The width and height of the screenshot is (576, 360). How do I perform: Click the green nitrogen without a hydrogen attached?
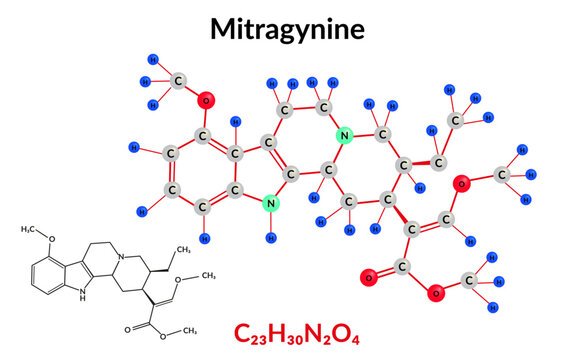345,136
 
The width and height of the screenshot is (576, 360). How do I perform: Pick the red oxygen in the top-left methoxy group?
205,100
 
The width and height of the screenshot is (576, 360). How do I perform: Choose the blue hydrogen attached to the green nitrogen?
271,239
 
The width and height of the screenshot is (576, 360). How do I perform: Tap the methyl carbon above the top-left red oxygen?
177,80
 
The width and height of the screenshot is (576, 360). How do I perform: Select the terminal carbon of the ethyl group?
456,120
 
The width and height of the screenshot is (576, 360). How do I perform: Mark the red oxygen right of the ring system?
461,182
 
